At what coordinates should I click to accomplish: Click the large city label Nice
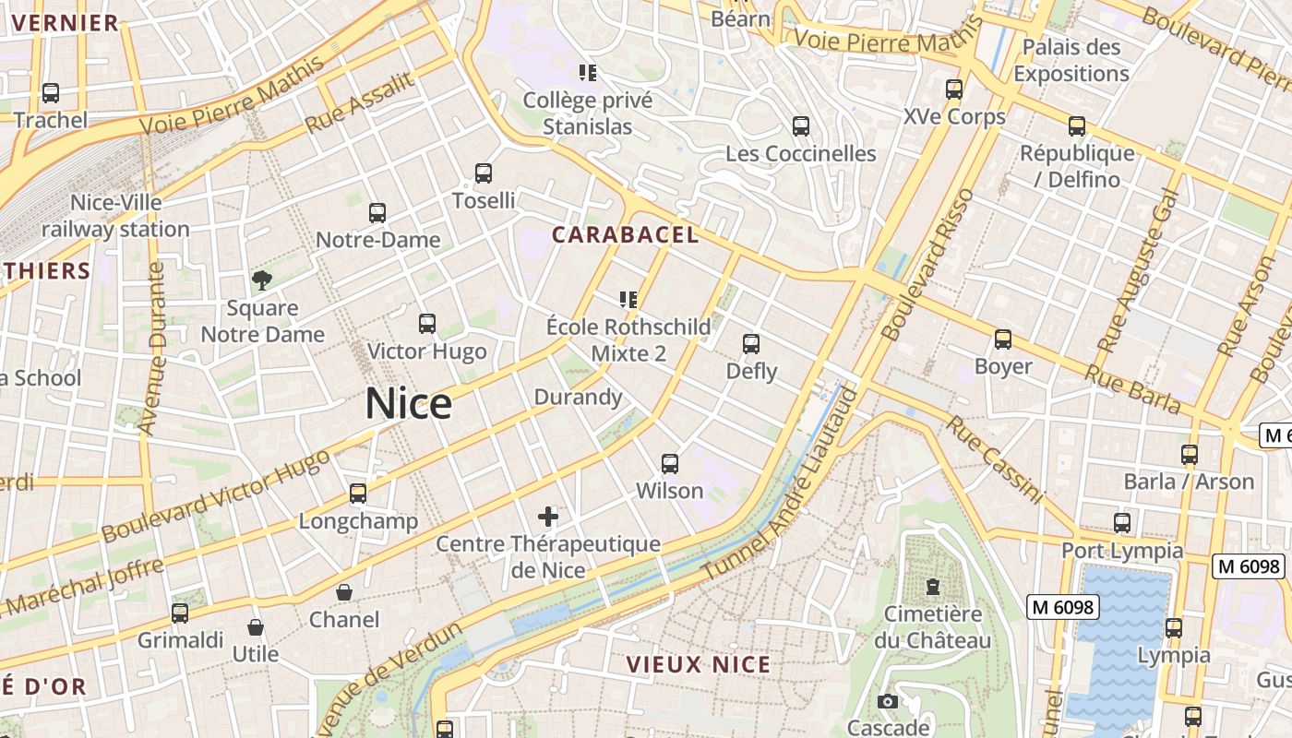(x=409, y=404)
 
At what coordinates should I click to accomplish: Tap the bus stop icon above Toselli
(x=484, y=173)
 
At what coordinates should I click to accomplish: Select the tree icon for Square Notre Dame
(x=262, y=280)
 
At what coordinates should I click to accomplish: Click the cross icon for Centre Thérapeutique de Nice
(x=548, y=516)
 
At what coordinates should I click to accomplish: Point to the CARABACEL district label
(x=625, y=234)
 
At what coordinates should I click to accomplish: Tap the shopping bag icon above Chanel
(x=344, y=591)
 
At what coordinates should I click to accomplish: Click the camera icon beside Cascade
(x=888, y=702)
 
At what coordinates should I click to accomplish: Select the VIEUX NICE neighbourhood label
(x=698, y=664)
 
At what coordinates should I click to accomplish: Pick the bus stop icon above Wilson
(x=670, y=463)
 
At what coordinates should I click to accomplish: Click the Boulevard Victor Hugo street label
(x=216, y=496)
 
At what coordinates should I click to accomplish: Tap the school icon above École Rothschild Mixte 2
(x=628, y=299)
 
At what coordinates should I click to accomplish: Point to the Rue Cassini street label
(x=995, y=459)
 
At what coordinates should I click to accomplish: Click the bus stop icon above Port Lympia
(x=1122, y=523)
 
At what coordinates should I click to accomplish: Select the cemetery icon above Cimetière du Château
(x=933, y=587)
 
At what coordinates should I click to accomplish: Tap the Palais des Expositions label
(x=1071, y=60)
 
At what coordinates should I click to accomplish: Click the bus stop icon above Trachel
(x=51, y=92)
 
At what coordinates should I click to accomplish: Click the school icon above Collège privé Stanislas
(x=588, y=72)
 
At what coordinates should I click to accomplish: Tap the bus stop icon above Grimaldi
(x=180, y=613)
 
